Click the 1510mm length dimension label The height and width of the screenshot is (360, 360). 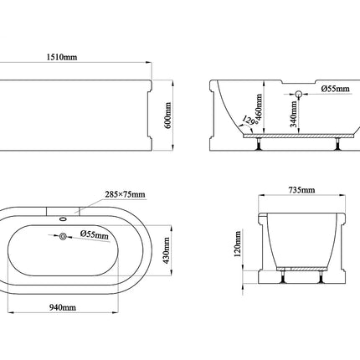tap(62, 57)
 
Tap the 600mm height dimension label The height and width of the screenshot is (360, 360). tap(168, 116)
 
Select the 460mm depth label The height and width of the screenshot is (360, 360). tap(259, 107)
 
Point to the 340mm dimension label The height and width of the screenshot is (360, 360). tap(294, 114)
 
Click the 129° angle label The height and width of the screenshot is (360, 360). tap(249, 121)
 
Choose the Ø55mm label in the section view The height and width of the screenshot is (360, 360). tap(335, 89)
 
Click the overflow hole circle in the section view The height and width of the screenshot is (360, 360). tap(298, 94)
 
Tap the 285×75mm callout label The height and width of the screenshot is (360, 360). tap(125, 194)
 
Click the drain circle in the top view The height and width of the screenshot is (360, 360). tap(63, 236)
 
